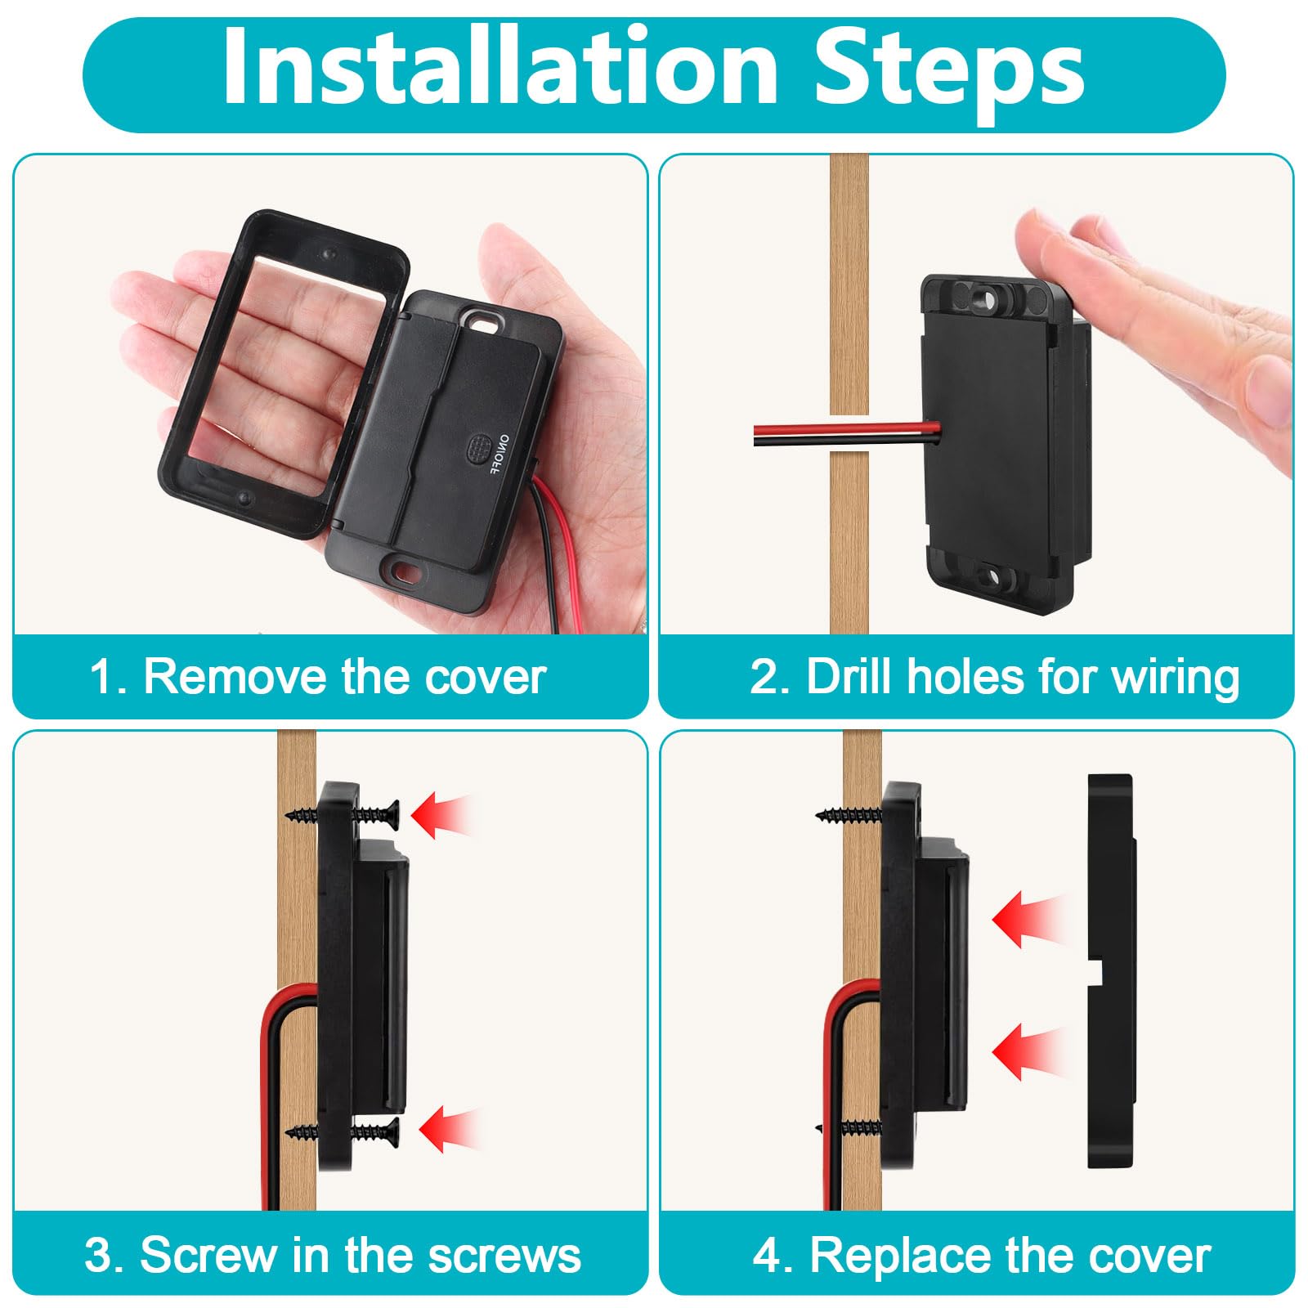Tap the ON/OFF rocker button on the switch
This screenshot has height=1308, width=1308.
477,448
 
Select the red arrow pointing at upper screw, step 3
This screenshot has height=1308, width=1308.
441,815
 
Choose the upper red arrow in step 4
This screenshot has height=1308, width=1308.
1028,920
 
